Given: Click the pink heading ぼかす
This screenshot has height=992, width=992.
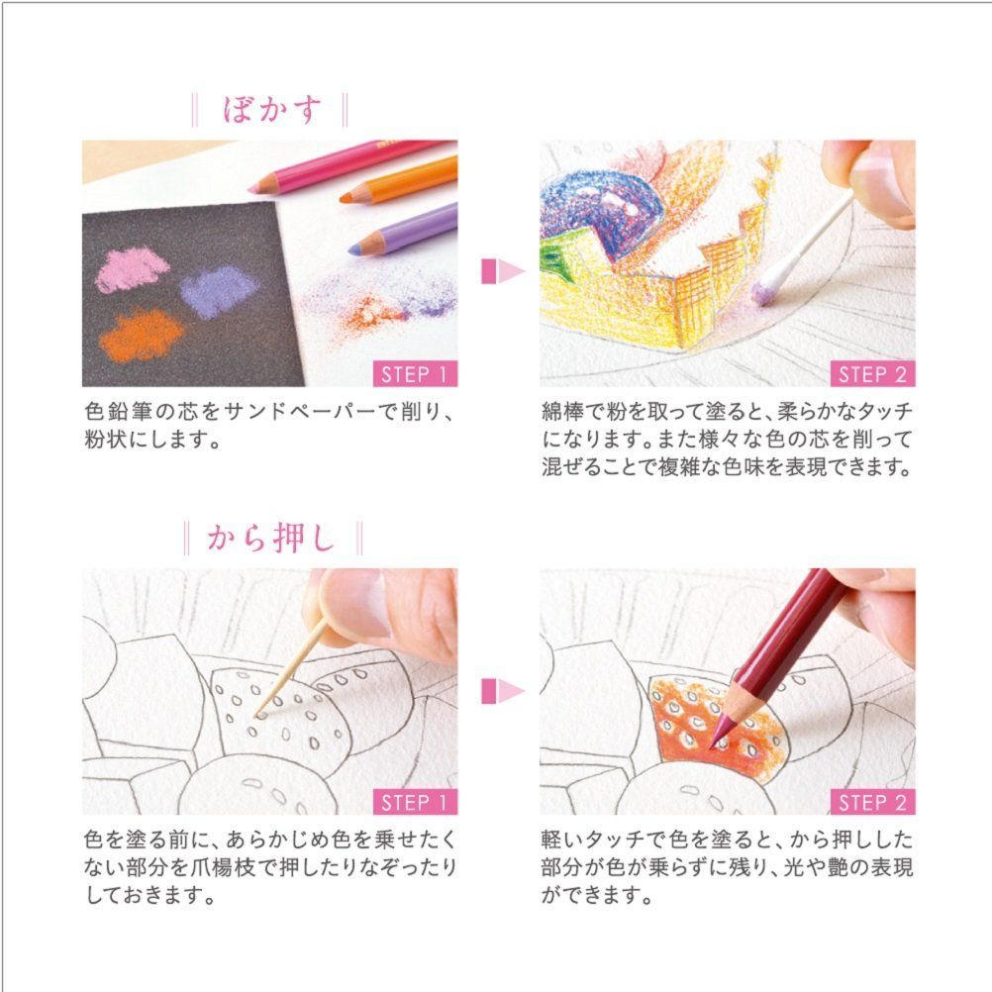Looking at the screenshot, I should point(271,108).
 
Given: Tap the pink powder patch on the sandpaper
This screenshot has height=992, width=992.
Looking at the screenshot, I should point(133,268).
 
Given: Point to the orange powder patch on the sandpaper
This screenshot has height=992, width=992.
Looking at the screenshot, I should point(142,335).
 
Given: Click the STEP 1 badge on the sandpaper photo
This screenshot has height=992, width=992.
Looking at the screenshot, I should point(415,374).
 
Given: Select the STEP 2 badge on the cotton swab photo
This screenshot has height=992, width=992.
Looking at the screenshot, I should point(872,374).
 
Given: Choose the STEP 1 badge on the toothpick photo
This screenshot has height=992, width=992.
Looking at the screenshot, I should point(415,802).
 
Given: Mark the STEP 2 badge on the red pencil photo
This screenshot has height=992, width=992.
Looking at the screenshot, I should point(872,802).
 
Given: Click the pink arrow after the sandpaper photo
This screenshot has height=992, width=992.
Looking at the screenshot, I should point(501,271).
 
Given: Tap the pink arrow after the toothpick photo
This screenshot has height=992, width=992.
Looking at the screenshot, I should point(501,691).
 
